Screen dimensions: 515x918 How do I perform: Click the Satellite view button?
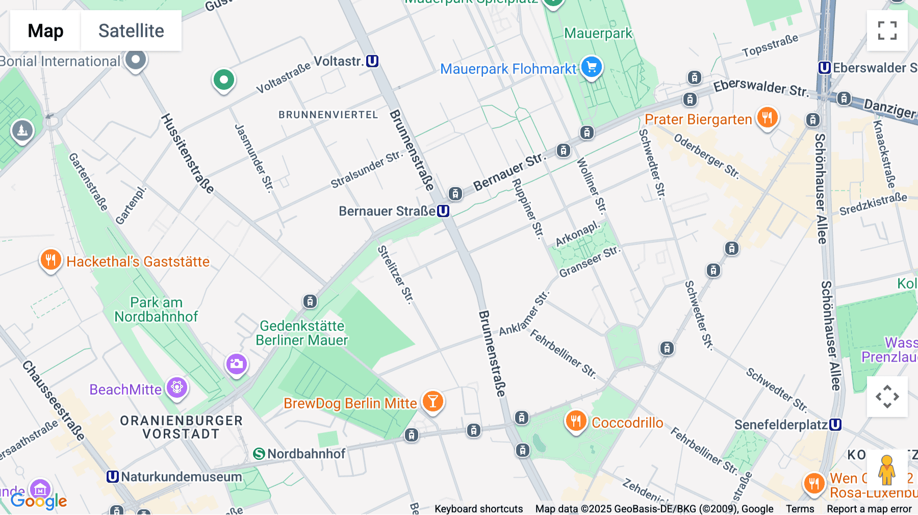click(x=131, y=31)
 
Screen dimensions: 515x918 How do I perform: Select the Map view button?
click(x=45, y=31)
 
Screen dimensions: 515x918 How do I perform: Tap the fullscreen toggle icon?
click(x=887, y=31)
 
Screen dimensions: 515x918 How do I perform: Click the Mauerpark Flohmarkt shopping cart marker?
click(x=592, y=66)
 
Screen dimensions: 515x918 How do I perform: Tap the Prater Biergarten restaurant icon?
click(x=767, y=117)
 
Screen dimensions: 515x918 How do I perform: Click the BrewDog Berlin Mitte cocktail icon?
click(x=432, y=402)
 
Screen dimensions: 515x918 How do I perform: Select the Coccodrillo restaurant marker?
click(x=576, y=421)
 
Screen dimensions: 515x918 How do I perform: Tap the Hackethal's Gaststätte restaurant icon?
click(x=50, y=260)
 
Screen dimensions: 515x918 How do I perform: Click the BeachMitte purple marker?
click(x=177, y=388)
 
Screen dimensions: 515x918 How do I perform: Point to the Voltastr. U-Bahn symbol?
click(x=372, y=61)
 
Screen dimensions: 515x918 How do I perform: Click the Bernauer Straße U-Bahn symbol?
click(x=443, y=211)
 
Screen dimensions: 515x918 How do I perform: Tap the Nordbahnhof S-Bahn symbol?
click(x=259, y=454)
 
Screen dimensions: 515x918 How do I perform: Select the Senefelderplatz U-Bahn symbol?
click(x=835, y=425)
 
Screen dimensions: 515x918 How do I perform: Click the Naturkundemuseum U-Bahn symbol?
click(x=113, y=477)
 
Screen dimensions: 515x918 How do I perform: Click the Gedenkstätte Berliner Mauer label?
click(x=302, y=333)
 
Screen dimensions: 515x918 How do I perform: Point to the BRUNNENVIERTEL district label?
click(x=328, y=115)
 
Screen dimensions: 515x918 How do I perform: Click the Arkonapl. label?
click(x=577, y=234)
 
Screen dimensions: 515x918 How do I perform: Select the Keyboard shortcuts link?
click(x=478, y=509)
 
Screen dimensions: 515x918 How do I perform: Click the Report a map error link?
click(x=869, y=509)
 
